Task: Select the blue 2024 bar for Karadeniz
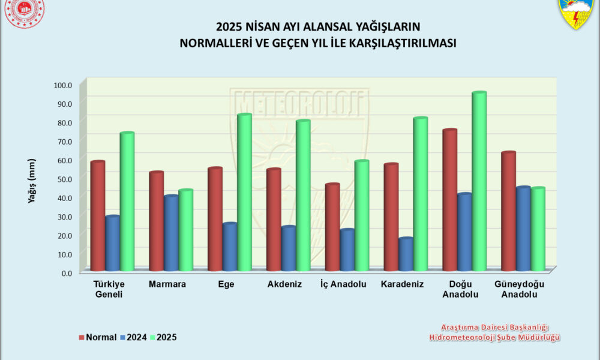tap(406, 254)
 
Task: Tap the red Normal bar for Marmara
tap(156, 221)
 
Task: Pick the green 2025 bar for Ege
tap(244, 192)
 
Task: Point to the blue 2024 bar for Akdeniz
tap(289, 248)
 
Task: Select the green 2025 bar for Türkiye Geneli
tap(127, 202)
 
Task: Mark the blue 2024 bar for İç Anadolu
tap(347, 250)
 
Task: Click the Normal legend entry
tap(98, 337)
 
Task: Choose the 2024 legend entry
tap(135, 337)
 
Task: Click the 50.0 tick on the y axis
tap(63, 179)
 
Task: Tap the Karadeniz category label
tap(403, 284)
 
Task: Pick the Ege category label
tap(226, 284)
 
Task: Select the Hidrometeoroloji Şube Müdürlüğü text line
tap(494, 338)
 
